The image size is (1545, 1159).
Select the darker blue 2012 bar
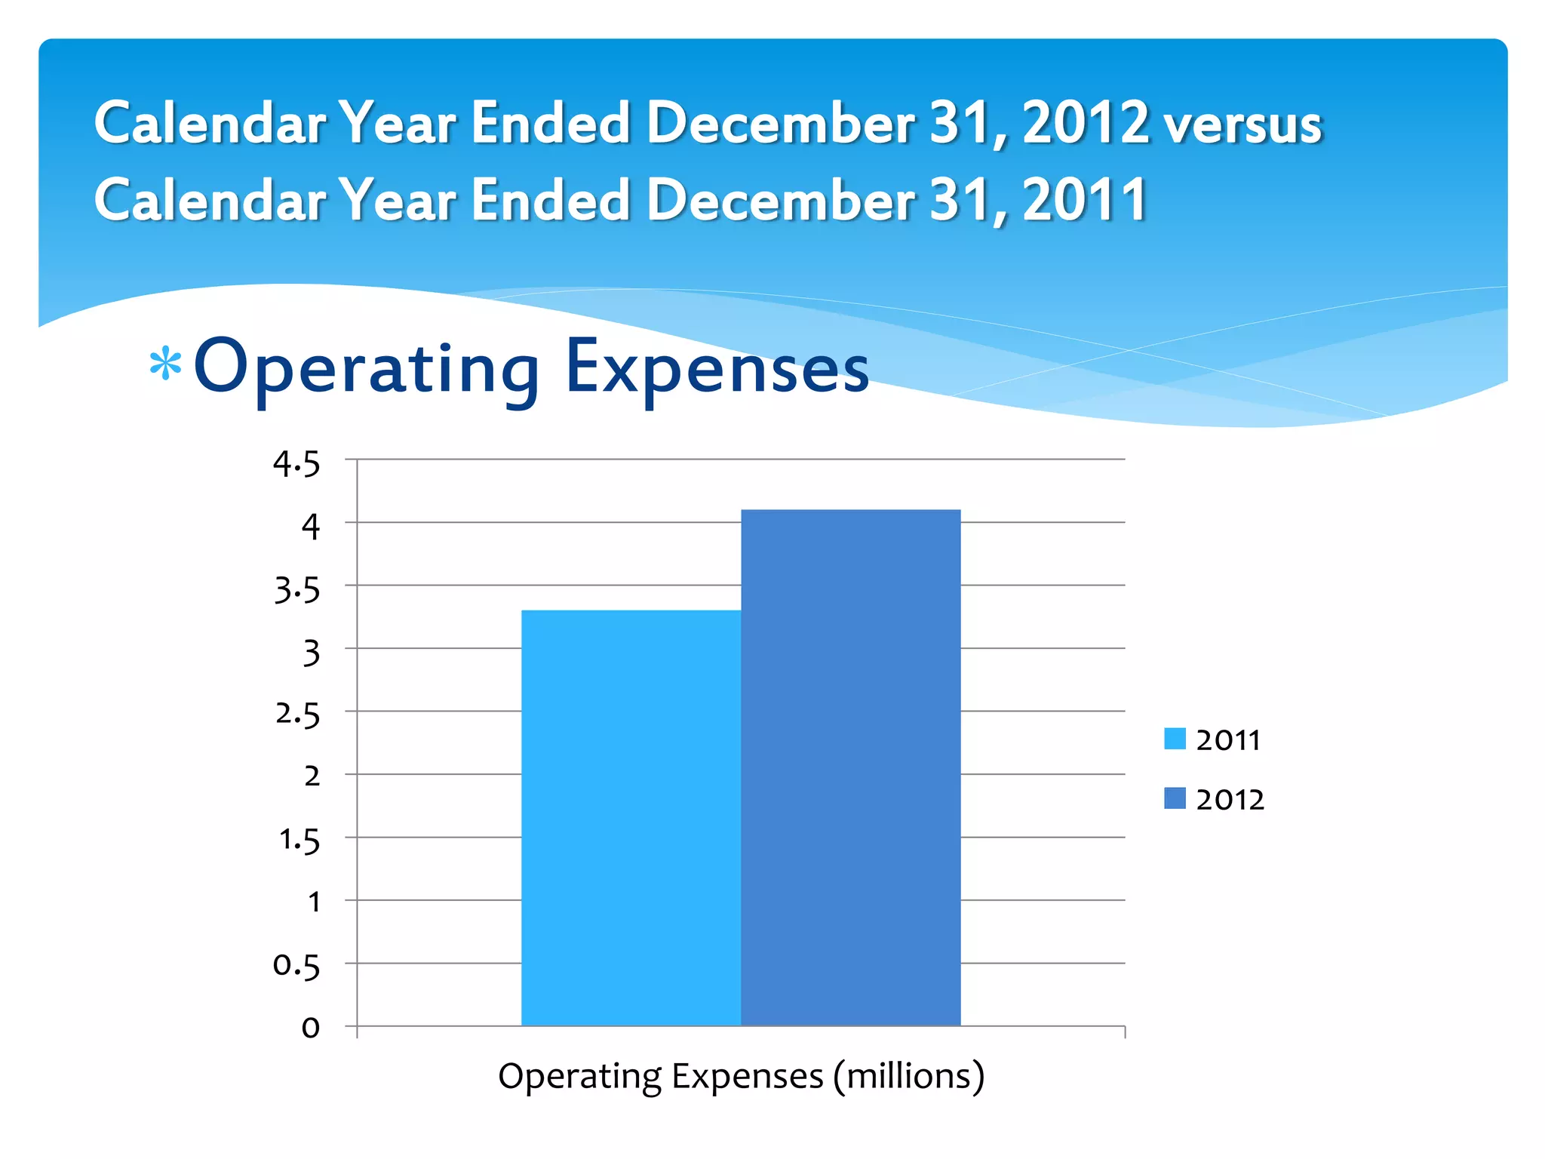[850, 767]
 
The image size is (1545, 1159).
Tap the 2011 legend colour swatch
[1175, 739]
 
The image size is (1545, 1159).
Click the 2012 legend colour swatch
[1175, 798]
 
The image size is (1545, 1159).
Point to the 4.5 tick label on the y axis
[296, 463]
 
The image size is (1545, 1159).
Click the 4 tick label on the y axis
[311, 526]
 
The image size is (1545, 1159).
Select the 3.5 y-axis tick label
[296, 589]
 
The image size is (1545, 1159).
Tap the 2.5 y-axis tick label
[296, 714]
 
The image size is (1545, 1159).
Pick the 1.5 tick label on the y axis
[299, 840]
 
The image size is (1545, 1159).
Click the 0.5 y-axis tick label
[296, 965]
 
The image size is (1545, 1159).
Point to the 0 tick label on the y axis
[310, 1028]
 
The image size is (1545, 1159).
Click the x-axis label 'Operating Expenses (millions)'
[741, 1076]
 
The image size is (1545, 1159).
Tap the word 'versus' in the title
[1242, 125]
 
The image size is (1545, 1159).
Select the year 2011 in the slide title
[1084, 200]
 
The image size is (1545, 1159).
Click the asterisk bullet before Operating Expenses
[165, 366]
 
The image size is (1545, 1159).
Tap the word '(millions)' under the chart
[908, 1077]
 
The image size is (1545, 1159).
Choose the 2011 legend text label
[1228, 740]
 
